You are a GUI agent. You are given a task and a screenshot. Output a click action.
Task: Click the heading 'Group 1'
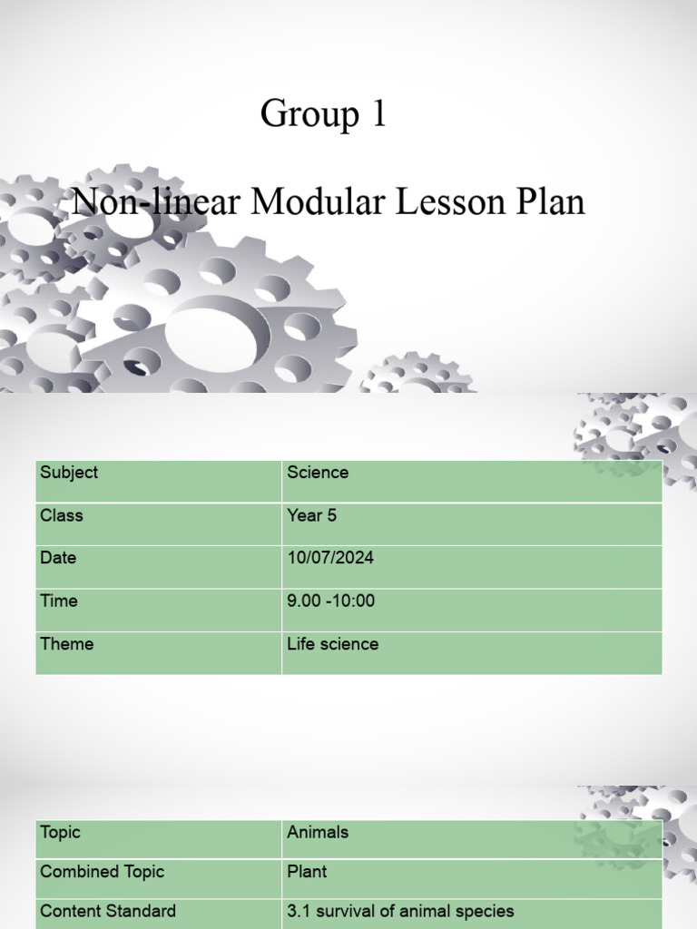click(323, 114)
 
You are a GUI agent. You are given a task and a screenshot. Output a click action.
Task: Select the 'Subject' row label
click(69, 473)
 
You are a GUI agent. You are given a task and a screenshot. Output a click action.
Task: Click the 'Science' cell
click(318, 473)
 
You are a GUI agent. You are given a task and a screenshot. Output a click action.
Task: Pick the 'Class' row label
click(62, 515)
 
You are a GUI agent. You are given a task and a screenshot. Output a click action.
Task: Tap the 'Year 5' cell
click(312, 515)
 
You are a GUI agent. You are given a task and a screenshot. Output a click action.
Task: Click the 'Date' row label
click(58, 558)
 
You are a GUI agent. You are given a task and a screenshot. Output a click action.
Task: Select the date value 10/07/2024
click(330, 558)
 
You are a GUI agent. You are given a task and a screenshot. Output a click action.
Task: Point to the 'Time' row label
click(59, 601)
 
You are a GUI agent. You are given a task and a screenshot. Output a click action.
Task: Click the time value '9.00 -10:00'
click(331, 601)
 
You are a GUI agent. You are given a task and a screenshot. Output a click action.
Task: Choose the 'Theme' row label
click(66, 644)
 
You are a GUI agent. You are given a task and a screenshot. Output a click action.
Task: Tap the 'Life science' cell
click(333, 644)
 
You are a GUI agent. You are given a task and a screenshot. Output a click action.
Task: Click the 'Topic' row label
click(60, 832)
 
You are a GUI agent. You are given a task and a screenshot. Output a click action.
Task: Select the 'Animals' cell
click(318, 832)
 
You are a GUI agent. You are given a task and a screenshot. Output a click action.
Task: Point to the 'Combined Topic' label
click(103, 872)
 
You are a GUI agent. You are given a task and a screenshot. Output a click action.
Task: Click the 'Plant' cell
click(307, 872)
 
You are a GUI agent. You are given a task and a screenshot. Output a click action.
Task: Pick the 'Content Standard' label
click(108, 911)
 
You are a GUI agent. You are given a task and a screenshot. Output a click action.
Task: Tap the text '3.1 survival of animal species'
click(400, 911)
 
